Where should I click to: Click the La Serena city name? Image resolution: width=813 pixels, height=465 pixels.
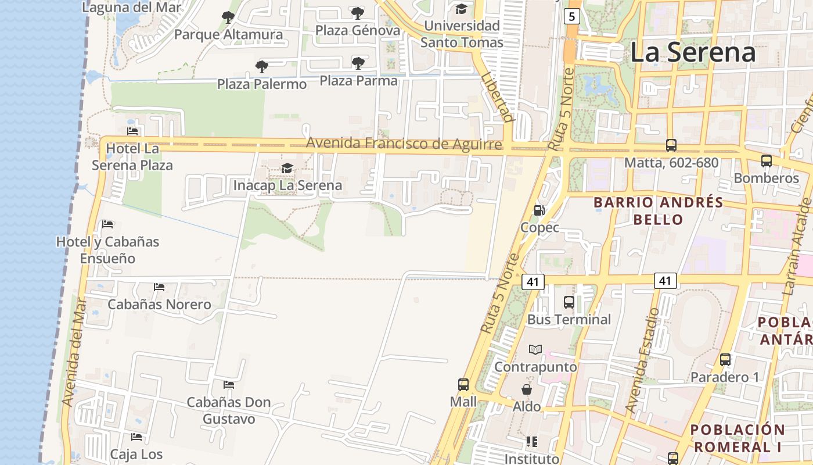tap(692, 52)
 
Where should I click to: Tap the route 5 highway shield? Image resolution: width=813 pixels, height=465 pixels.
tap(572, 16)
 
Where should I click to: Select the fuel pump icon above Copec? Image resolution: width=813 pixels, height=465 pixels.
tap(539, 210)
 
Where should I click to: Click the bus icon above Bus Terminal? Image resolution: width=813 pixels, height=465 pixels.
tap(569, 302)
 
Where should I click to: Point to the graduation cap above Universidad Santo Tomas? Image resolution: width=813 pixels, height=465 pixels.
tap(462, 9)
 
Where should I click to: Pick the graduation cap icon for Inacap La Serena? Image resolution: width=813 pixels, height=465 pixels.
tap(287, 169)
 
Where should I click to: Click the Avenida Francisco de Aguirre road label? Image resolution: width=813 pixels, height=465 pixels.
tap(404, 143)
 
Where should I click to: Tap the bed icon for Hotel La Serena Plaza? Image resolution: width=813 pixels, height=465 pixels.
tap(132, 131)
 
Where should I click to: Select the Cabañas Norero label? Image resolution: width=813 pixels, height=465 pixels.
tap(159, 304)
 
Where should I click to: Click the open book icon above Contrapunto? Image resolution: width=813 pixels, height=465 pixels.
tap(535, 349)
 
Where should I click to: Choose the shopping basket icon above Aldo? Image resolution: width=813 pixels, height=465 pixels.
tap(527, 389)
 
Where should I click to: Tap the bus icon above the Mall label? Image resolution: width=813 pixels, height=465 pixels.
tap(463, 384)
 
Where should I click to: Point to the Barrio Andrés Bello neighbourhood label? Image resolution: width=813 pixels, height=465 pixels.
tap(658, 211)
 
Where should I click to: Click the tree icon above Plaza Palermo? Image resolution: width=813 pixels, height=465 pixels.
tap(262, 67)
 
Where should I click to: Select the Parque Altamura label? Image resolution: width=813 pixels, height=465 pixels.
tap(228, 34)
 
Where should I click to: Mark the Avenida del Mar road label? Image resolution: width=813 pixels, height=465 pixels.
tap(76, 352)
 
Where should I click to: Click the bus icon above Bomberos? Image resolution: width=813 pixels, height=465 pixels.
tap(767, 161)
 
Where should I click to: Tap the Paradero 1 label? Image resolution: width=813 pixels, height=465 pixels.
tap(724, 377)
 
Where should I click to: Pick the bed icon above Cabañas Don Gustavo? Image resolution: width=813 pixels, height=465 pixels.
tap(229, 385)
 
